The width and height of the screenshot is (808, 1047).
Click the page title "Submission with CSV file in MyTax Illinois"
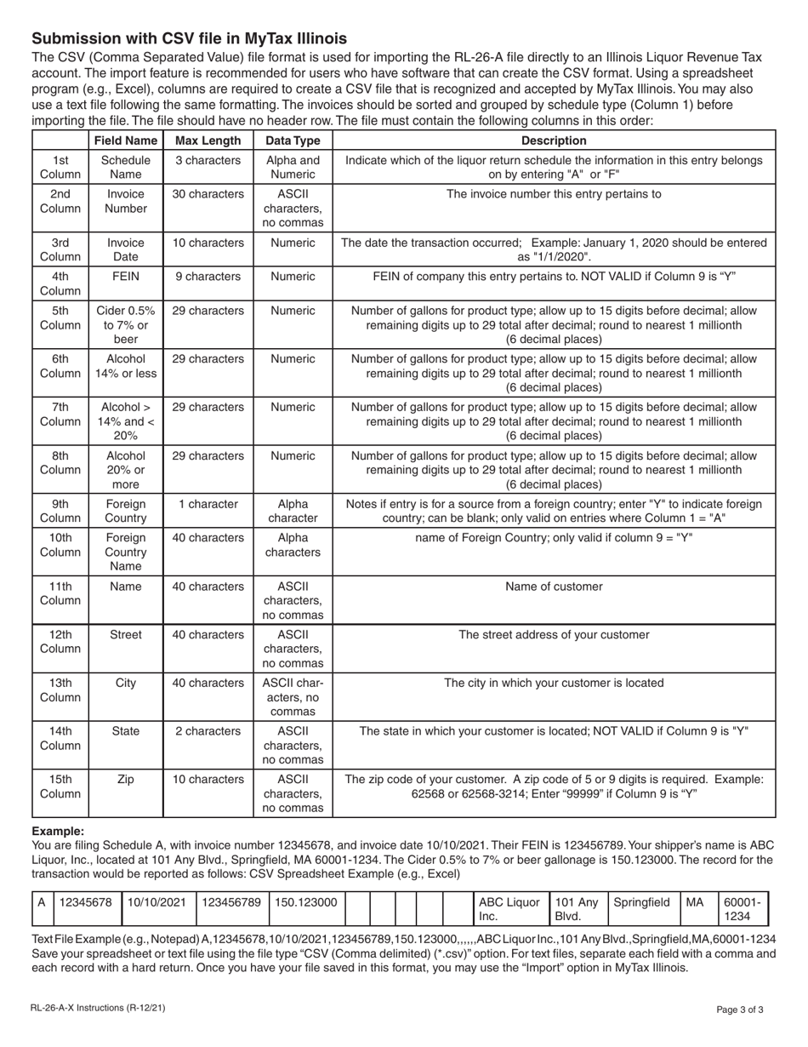(189, 38)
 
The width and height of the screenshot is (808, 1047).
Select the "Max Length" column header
(208, 140)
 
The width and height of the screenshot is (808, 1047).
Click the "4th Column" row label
(60, 283)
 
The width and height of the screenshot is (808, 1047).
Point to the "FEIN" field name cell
(125, 277)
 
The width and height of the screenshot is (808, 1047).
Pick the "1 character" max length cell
(208, 504)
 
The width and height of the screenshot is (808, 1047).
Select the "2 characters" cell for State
(208, 730)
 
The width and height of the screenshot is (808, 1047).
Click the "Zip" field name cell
(125, 779)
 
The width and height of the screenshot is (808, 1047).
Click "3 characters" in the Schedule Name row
(208, 160)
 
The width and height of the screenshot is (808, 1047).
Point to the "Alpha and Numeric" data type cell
(293, 168)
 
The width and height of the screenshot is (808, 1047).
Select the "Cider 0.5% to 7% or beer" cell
(125, 324)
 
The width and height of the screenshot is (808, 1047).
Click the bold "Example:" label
(58, 831)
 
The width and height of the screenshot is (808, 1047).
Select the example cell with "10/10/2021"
(157, 901)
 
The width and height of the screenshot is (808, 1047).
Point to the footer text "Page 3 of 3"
(745, 1010)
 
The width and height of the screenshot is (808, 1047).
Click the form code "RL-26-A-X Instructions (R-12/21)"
(98, 1009)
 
